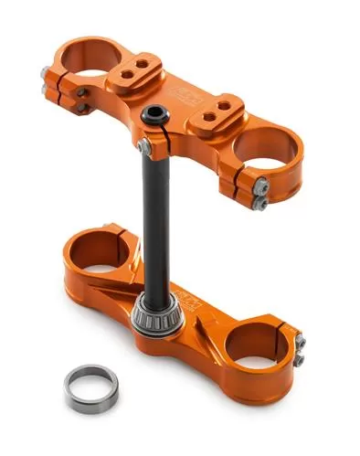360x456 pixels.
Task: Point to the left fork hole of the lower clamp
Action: [96, 248]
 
